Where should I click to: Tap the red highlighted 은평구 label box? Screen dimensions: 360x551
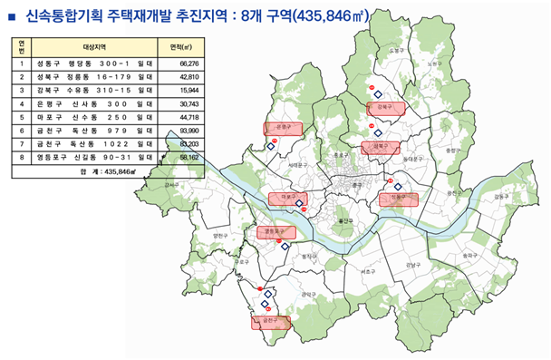[x=279, y=128]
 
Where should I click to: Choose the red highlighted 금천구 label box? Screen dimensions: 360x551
[x=269, y=321]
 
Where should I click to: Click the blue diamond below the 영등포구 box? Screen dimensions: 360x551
[x=283, y=246]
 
